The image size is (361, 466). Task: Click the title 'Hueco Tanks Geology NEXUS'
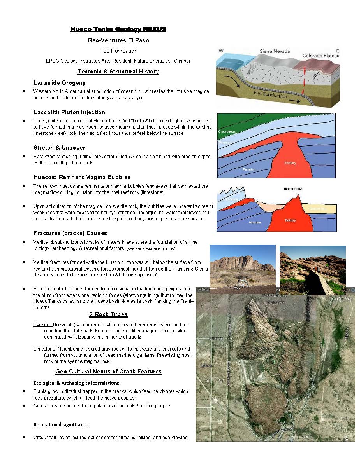coord(118,29)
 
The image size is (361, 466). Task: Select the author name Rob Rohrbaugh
coord(118,51)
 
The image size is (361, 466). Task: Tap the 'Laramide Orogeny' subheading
coord(59,83)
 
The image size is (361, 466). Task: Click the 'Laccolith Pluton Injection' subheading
coord(69,112)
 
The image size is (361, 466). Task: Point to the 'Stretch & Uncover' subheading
coord(59,148)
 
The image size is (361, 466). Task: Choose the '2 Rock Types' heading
coord(108,314)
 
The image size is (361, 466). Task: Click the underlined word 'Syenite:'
coord(42,325)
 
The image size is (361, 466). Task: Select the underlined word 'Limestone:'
coord(46,349)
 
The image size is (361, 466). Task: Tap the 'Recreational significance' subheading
coord(61,424)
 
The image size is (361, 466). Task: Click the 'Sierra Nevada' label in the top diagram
coord(276,51)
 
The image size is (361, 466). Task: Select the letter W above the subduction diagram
coord(221,51)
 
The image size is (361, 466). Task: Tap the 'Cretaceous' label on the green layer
coord(227,132)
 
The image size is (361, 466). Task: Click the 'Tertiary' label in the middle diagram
coord(290,163)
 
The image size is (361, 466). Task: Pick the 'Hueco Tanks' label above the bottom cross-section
coord(293,189)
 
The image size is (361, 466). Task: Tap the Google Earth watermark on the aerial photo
coord(338,299)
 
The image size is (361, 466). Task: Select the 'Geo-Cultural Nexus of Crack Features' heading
coord(108,372)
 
